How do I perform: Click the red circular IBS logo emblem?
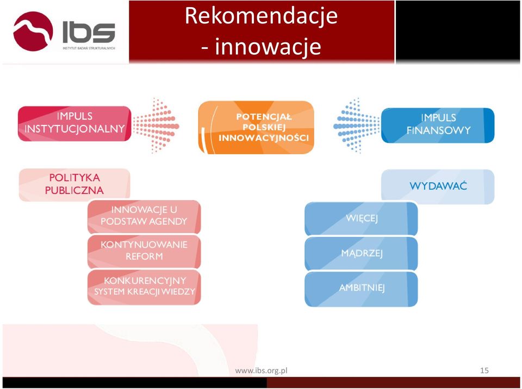(33, 32)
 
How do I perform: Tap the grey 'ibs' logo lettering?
(89, 32)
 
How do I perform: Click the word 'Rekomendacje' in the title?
(262, 16)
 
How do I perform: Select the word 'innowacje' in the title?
(268, 46)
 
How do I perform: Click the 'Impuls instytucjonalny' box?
(74, 123)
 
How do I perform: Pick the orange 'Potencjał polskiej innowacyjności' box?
(256, 127)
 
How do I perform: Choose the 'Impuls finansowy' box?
(438, 125)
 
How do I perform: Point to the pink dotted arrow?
(156, 125)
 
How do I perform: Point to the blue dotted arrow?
(357, 125)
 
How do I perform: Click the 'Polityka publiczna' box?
(74, 185)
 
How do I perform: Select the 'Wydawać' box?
(438, 186)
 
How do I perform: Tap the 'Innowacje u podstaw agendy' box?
(144, 217)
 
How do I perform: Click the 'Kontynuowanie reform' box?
(144, 252)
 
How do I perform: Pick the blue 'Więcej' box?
(361, 218)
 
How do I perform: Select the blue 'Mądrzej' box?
(361, 254)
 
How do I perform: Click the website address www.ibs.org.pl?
(262, 371)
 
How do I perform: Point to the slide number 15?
(484, 371)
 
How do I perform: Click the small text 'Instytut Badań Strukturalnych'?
(89, 48)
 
